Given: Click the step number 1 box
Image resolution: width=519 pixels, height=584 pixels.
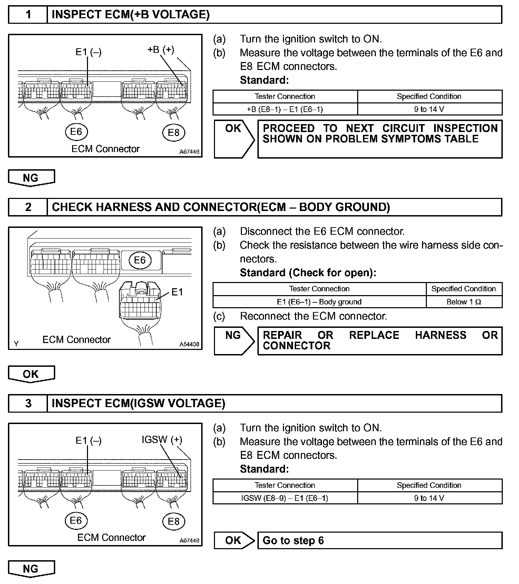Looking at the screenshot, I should point(28,14).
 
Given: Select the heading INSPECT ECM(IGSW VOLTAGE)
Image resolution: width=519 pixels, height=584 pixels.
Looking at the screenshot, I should point(138,403).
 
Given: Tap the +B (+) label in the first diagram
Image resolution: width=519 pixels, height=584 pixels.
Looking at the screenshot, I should point(160,50).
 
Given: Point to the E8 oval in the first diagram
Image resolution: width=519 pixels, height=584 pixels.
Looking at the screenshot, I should point(174,133).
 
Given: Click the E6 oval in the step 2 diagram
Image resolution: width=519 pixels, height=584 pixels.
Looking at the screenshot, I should point(140,260).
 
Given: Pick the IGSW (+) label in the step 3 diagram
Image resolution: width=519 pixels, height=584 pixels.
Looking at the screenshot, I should point(162,440).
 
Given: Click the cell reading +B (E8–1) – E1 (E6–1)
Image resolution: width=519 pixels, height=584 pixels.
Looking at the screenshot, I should point(285,109).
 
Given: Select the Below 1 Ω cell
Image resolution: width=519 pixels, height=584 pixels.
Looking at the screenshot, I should point(464,302).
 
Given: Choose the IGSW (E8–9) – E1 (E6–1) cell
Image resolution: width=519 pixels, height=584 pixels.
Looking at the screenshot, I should point(285,498).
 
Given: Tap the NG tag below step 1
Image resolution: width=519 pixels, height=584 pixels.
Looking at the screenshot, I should point(31,178).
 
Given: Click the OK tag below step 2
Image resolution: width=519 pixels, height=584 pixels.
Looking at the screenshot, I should point(31,374).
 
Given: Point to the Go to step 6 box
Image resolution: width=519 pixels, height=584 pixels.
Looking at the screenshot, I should point(380,540).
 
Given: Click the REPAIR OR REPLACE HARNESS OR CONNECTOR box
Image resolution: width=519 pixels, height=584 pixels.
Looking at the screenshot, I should point(380,341).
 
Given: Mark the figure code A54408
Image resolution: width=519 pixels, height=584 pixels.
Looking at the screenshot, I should point(189,344).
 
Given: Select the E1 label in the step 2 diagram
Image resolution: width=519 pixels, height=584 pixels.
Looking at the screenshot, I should point(177,292).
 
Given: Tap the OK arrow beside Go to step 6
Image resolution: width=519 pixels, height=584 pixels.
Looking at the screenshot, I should point(234,540).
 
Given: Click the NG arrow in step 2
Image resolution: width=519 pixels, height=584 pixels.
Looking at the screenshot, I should point(234,341).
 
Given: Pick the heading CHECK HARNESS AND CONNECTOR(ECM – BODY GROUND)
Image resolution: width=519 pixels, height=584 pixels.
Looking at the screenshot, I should point(221,207).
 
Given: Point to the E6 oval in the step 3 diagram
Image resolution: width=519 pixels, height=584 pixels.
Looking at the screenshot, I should point(76,521).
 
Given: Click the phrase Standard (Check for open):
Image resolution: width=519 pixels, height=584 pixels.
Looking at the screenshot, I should point(308,273).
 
